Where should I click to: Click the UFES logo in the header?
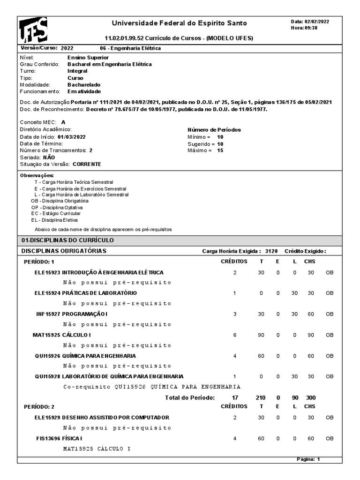point(33,30)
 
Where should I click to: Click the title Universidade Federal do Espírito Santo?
point(179,23)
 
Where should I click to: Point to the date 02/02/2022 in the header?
point(317,22)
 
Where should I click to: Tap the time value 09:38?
point(311,28)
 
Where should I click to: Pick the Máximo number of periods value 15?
point(220,150)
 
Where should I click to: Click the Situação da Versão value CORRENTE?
point(87,164)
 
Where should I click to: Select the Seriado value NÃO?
point(49,157)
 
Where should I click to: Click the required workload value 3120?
point(271,251)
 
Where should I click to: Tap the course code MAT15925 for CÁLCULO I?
point(46,335)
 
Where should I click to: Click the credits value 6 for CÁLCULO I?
point(235,335)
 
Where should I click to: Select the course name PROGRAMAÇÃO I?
point(85,314)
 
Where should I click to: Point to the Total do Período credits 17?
point(235,397)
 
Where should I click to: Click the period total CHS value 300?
point(311,397)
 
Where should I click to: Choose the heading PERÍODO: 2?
point(39,406)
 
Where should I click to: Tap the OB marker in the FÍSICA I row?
point(330,438)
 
